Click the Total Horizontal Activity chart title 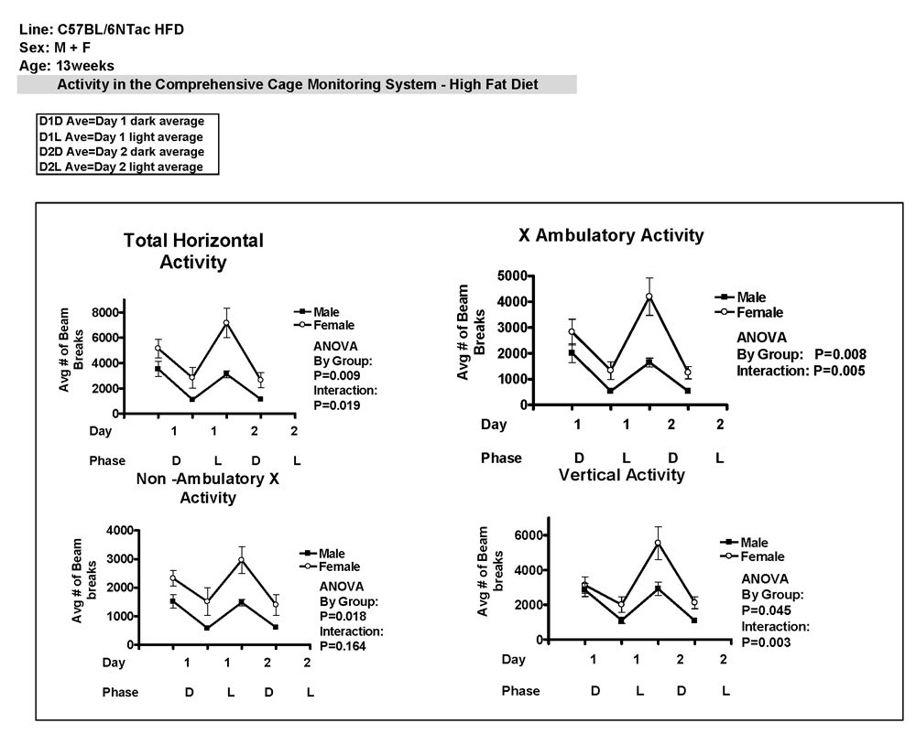(x=193, y=251)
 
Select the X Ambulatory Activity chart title (x=611, y=235)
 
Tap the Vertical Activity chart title (x=623, y=475)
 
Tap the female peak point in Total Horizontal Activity (x=226, y=323)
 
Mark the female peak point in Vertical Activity (x=658, y=543)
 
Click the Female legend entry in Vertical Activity (x=761, y=556)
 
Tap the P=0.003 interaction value (x=767, y=642)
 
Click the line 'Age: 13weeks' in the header (x=67, y=65)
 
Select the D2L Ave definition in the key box (x=121, y=167)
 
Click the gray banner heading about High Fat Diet (x=297, y=84)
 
